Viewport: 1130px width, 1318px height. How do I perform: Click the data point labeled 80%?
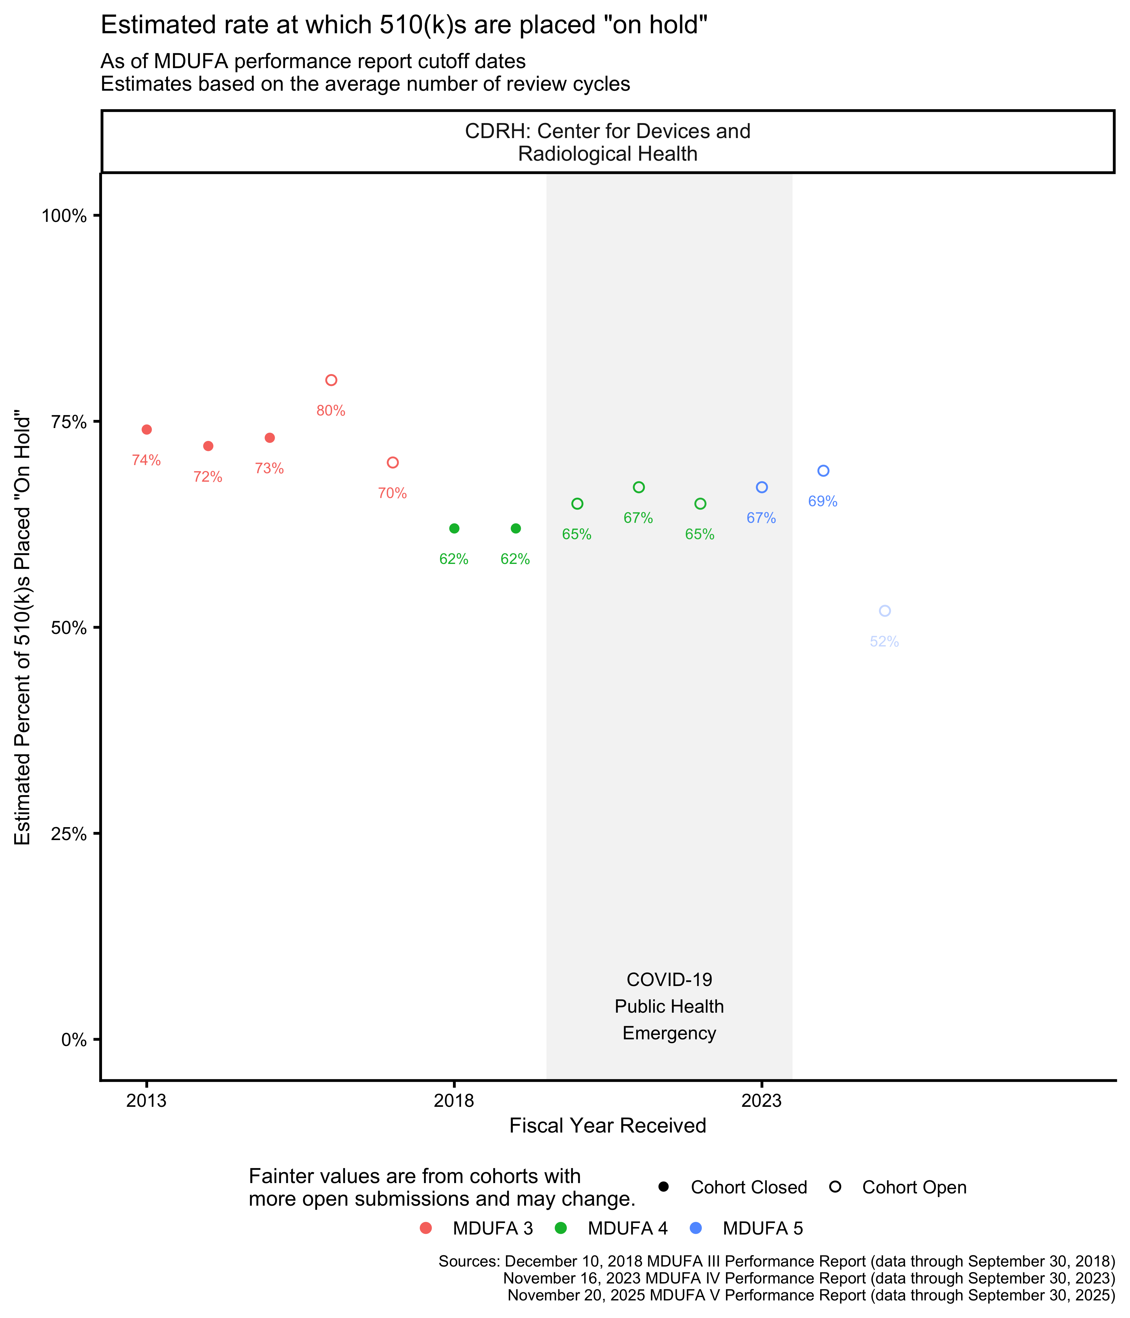(x=331, y=380)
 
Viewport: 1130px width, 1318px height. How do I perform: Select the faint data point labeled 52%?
(x=885, y=611)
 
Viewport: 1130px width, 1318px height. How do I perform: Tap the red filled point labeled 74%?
(x=146, y=429)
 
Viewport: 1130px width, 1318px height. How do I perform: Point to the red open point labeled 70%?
(x=393, y=463)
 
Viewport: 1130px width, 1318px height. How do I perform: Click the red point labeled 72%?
(x=208, y=446)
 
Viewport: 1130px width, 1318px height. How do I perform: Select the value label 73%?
(x=269, y=469)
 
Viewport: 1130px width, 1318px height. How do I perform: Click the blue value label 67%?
(x=761, y=518)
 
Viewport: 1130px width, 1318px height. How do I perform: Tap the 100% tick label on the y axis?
(x=64, y=216)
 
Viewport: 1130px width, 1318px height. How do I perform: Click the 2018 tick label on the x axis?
(x=454, y=1101)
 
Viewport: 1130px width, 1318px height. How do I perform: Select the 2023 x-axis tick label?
(x=761, y=1101)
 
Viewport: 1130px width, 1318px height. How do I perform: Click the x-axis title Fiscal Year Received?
(x=608, y=1126)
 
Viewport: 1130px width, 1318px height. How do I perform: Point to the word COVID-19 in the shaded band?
(x=669, y=980)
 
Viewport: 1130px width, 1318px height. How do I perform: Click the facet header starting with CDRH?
(x=608, y=142)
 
